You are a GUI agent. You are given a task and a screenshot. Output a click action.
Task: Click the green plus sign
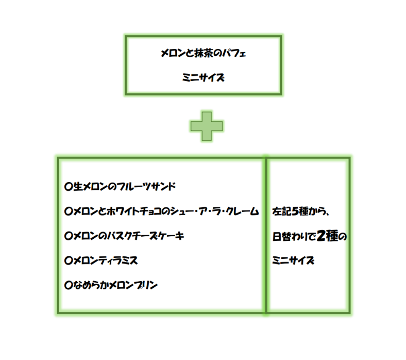click(207, 125)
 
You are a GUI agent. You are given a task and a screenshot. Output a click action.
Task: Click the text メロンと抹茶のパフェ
click(205, 53)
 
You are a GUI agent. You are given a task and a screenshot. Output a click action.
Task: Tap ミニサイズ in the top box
click(204, 78)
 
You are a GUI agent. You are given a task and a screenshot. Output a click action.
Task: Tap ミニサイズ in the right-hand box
click(293, 260)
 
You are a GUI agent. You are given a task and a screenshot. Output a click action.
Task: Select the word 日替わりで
click(294, 237)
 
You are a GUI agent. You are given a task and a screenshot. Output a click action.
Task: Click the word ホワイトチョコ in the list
click(133, 211)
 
